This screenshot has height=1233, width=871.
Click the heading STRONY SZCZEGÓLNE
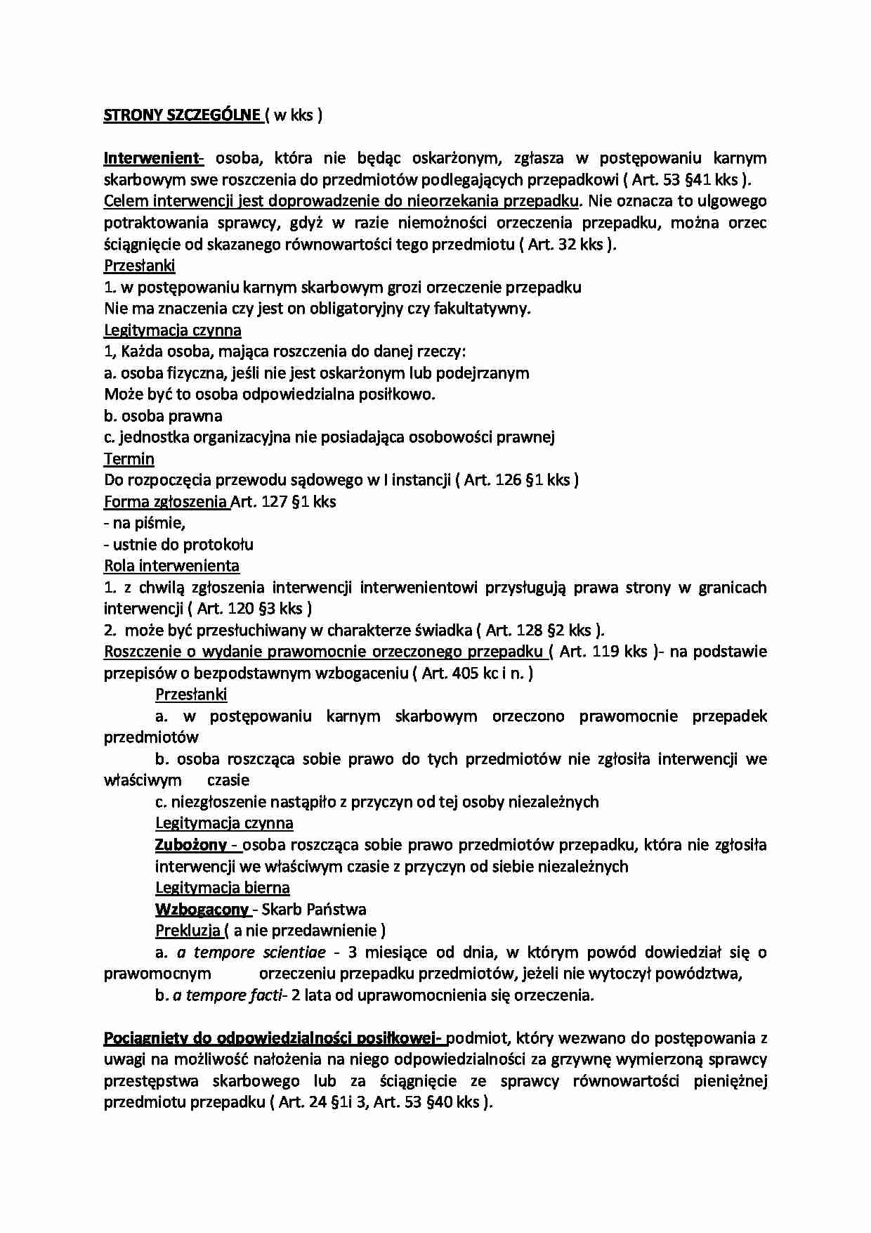click(x=182, y=115)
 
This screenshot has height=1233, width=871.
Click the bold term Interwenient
click(x=152, y=157)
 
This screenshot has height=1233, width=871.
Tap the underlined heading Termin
click(x=129, y=459)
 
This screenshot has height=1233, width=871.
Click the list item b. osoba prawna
click(x=163, y=415)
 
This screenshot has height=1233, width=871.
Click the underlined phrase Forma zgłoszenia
click(x=166, y=502)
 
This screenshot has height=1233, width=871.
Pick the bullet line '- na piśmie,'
click(x=145, y=523)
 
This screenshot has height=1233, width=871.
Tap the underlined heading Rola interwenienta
click(x=171, y=566)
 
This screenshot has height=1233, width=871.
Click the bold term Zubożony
click(x=191, y=845)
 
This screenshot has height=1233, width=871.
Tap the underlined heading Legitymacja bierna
click(x=222, y=888)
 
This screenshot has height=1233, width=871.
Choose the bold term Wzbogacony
click(x=202, y=910)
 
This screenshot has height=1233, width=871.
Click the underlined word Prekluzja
click(x=188, y=931)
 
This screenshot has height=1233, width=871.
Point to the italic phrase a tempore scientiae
click(x=251, y=953)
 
